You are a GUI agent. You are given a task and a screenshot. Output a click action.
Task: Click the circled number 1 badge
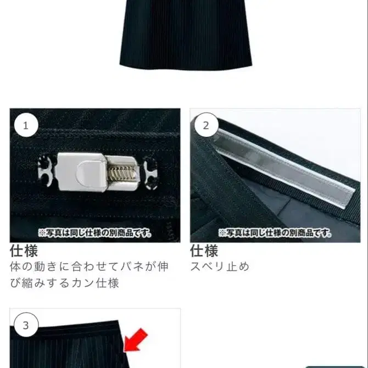click(25, 125)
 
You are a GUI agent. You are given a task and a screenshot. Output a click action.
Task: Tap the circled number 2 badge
click(206, 125)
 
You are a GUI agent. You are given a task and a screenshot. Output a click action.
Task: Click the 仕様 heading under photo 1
click(24, 252)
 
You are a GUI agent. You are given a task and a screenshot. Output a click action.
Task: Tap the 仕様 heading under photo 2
click(204, 252)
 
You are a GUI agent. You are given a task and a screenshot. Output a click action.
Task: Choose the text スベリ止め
click(220, 267)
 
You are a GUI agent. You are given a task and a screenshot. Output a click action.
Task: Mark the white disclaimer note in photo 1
click(95, 233)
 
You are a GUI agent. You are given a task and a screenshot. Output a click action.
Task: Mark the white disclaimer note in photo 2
click(275, 233)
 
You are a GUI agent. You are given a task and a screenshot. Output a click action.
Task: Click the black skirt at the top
click(185, 33)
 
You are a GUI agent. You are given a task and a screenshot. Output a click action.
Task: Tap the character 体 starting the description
click(16, 267)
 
